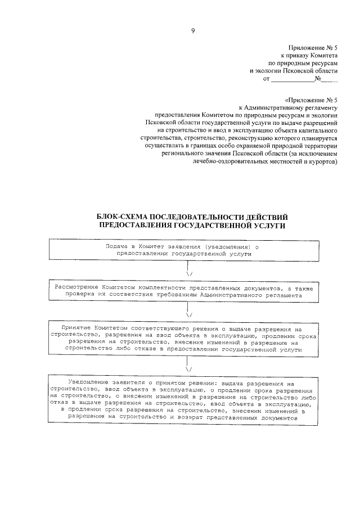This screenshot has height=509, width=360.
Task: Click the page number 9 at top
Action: tap(192, 31)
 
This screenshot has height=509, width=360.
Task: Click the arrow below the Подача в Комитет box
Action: tap(188, 269)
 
